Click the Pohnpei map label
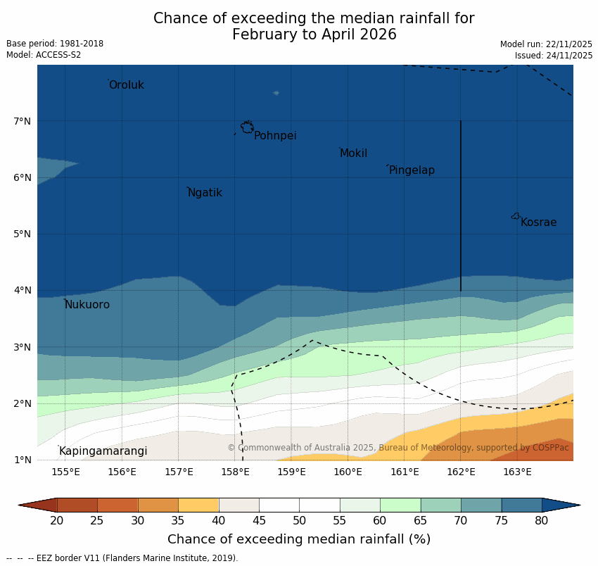pos(275,136)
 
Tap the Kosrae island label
pos(538,222)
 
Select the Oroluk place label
pos(126,85)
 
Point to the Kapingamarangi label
pos(103,451)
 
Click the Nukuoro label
pos(87,305)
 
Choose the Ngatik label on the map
pos(205,193)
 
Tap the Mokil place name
pos(353,153)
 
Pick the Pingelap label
pos(412,170)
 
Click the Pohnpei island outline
pos(247,127)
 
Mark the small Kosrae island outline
pos(516,216)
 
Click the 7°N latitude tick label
pos(23,121)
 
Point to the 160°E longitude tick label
pos(348,472)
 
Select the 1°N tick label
pos(23,460)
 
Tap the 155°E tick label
pos(65,472)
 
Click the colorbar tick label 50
pos(299,520)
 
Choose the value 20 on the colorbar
pos(57,520)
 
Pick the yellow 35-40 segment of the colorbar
pos(198,505)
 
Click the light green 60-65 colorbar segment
pos(400,505)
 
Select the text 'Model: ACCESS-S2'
pos(44,55)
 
